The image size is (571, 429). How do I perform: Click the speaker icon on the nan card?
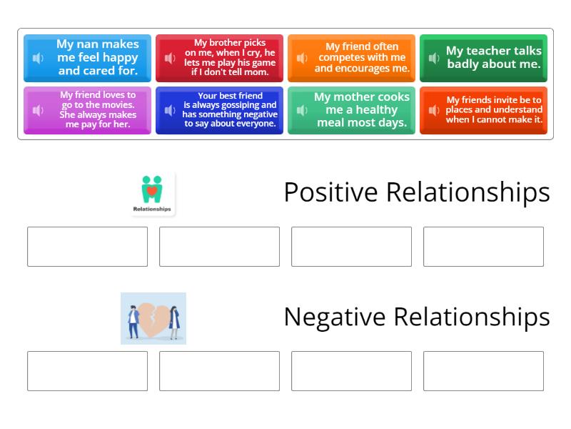coord(39,58)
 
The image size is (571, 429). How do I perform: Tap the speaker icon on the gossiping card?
coord(170,110)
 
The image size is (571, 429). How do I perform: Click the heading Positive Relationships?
coord(416,192)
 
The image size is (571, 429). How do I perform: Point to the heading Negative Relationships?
coord(416,317)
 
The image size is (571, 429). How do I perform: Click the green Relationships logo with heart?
coord(152,194)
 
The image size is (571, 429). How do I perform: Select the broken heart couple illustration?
coord(153,319)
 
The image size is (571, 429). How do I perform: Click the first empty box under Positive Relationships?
coord(87,247)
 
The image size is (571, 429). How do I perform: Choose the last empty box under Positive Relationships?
coord(483,247)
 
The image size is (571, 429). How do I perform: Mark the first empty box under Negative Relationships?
coord(87,371)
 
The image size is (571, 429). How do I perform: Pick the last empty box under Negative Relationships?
coord(483,371)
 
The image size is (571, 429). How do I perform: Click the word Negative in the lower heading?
coord(335,317)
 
